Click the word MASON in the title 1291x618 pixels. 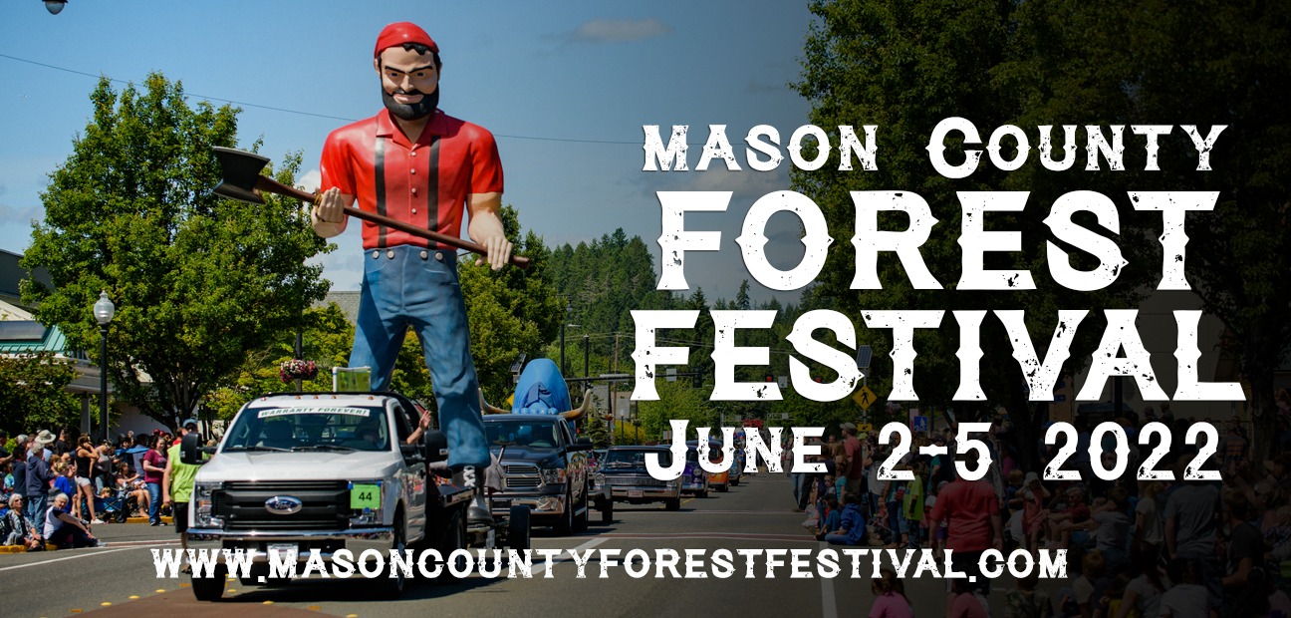760,149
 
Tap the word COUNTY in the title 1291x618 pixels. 1076,148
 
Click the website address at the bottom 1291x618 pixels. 610,562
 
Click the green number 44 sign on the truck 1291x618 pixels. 366,495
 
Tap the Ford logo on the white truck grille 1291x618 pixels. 283,505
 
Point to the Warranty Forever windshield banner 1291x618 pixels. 313,412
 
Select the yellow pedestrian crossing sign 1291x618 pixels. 864,397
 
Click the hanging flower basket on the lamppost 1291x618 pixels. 299,370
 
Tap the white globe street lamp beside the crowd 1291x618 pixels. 104,307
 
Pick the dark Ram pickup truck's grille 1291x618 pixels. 522,476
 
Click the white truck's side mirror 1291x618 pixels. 191,449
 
